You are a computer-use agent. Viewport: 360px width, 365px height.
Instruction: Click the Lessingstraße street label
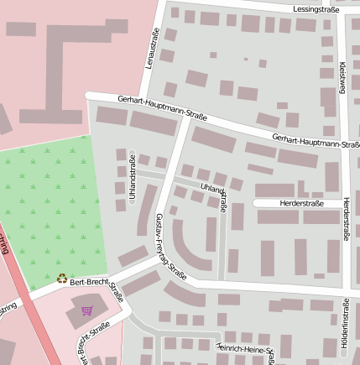[316, 9]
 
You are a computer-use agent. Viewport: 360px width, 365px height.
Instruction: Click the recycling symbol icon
[61, 279]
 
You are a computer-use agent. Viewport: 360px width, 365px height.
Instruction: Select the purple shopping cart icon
[86, 310]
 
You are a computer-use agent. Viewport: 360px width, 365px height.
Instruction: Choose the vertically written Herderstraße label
[347, 220]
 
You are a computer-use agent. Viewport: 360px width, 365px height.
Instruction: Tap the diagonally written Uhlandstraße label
[214, 193]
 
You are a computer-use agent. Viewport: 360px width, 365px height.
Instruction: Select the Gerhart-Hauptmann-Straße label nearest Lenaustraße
[162, 108]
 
